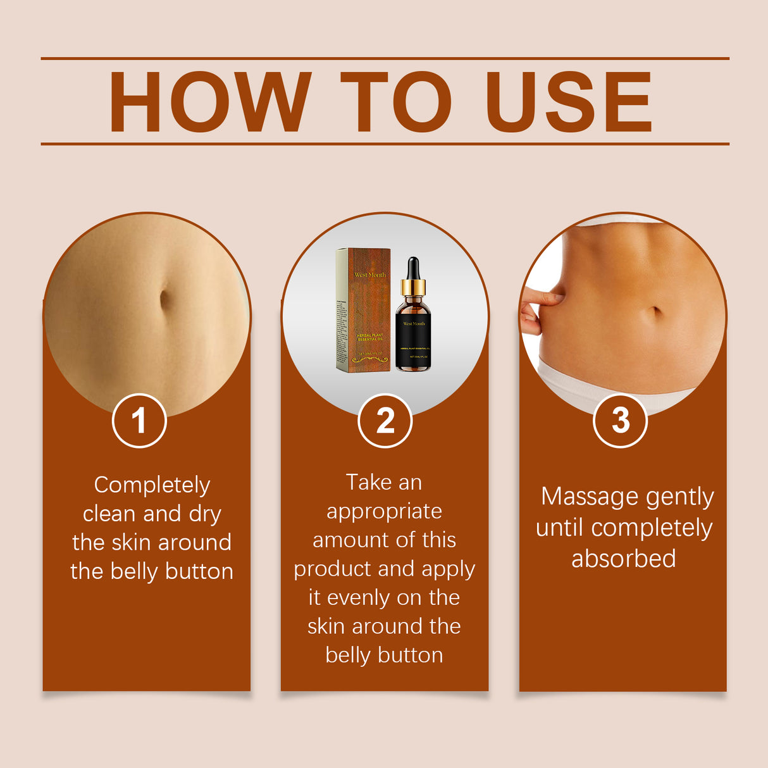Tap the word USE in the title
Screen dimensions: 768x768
click(x=568, y=102)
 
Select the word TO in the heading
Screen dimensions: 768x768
click(x=396, y=102)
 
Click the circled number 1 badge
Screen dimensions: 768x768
click(x=139, y=421)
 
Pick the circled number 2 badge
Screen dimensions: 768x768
click(x=385, y=421)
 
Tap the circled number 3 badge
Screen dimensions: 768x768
click(x=620, y=421)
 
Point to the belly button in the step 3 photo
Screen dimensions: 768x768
click(x=656, y=311)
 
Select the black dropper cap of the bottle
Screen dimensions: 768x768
click(x=413, y=269)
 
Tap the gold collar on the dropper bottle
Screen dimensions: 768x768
click(x=413, y=288)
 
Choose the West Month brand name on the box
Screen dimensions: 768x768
click(x=370, y=275)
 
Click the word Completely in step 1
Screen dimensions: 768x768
click(x=152, y=485)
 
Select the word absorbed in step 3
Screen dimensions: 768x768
click(x=624, y=559)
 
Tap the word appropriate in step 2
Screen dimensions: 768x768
click(x=384, y=511)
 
